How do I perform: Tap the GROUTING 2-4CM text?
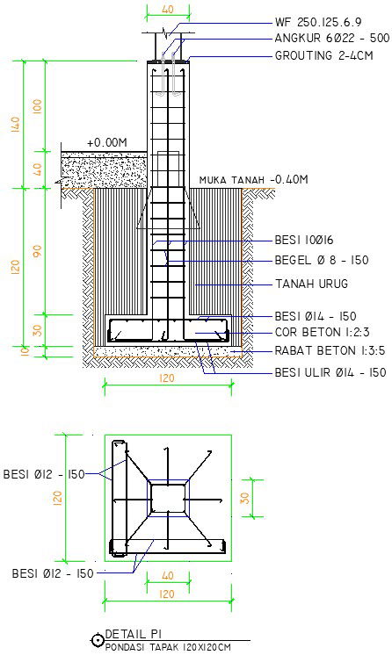[323, 56]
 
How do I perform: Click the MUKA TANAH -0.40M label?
[254, 180]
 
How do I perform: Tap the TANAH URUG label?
[311, 284]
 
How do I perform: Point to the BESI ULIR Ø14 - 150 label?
[330, 372]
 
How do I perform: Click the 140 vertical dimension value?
[16, 123]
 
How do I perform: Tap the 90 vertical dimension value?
[36, 250]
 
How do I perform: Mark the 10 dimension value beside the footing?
[15, 351]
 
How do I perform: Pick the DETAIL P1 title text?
[133, 634]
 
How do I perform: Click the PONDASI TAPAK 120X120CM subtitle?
[168, 647]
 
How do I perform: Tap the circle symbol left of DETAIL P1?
[97, 642]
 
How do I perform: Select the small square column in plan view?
[166, 495]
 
